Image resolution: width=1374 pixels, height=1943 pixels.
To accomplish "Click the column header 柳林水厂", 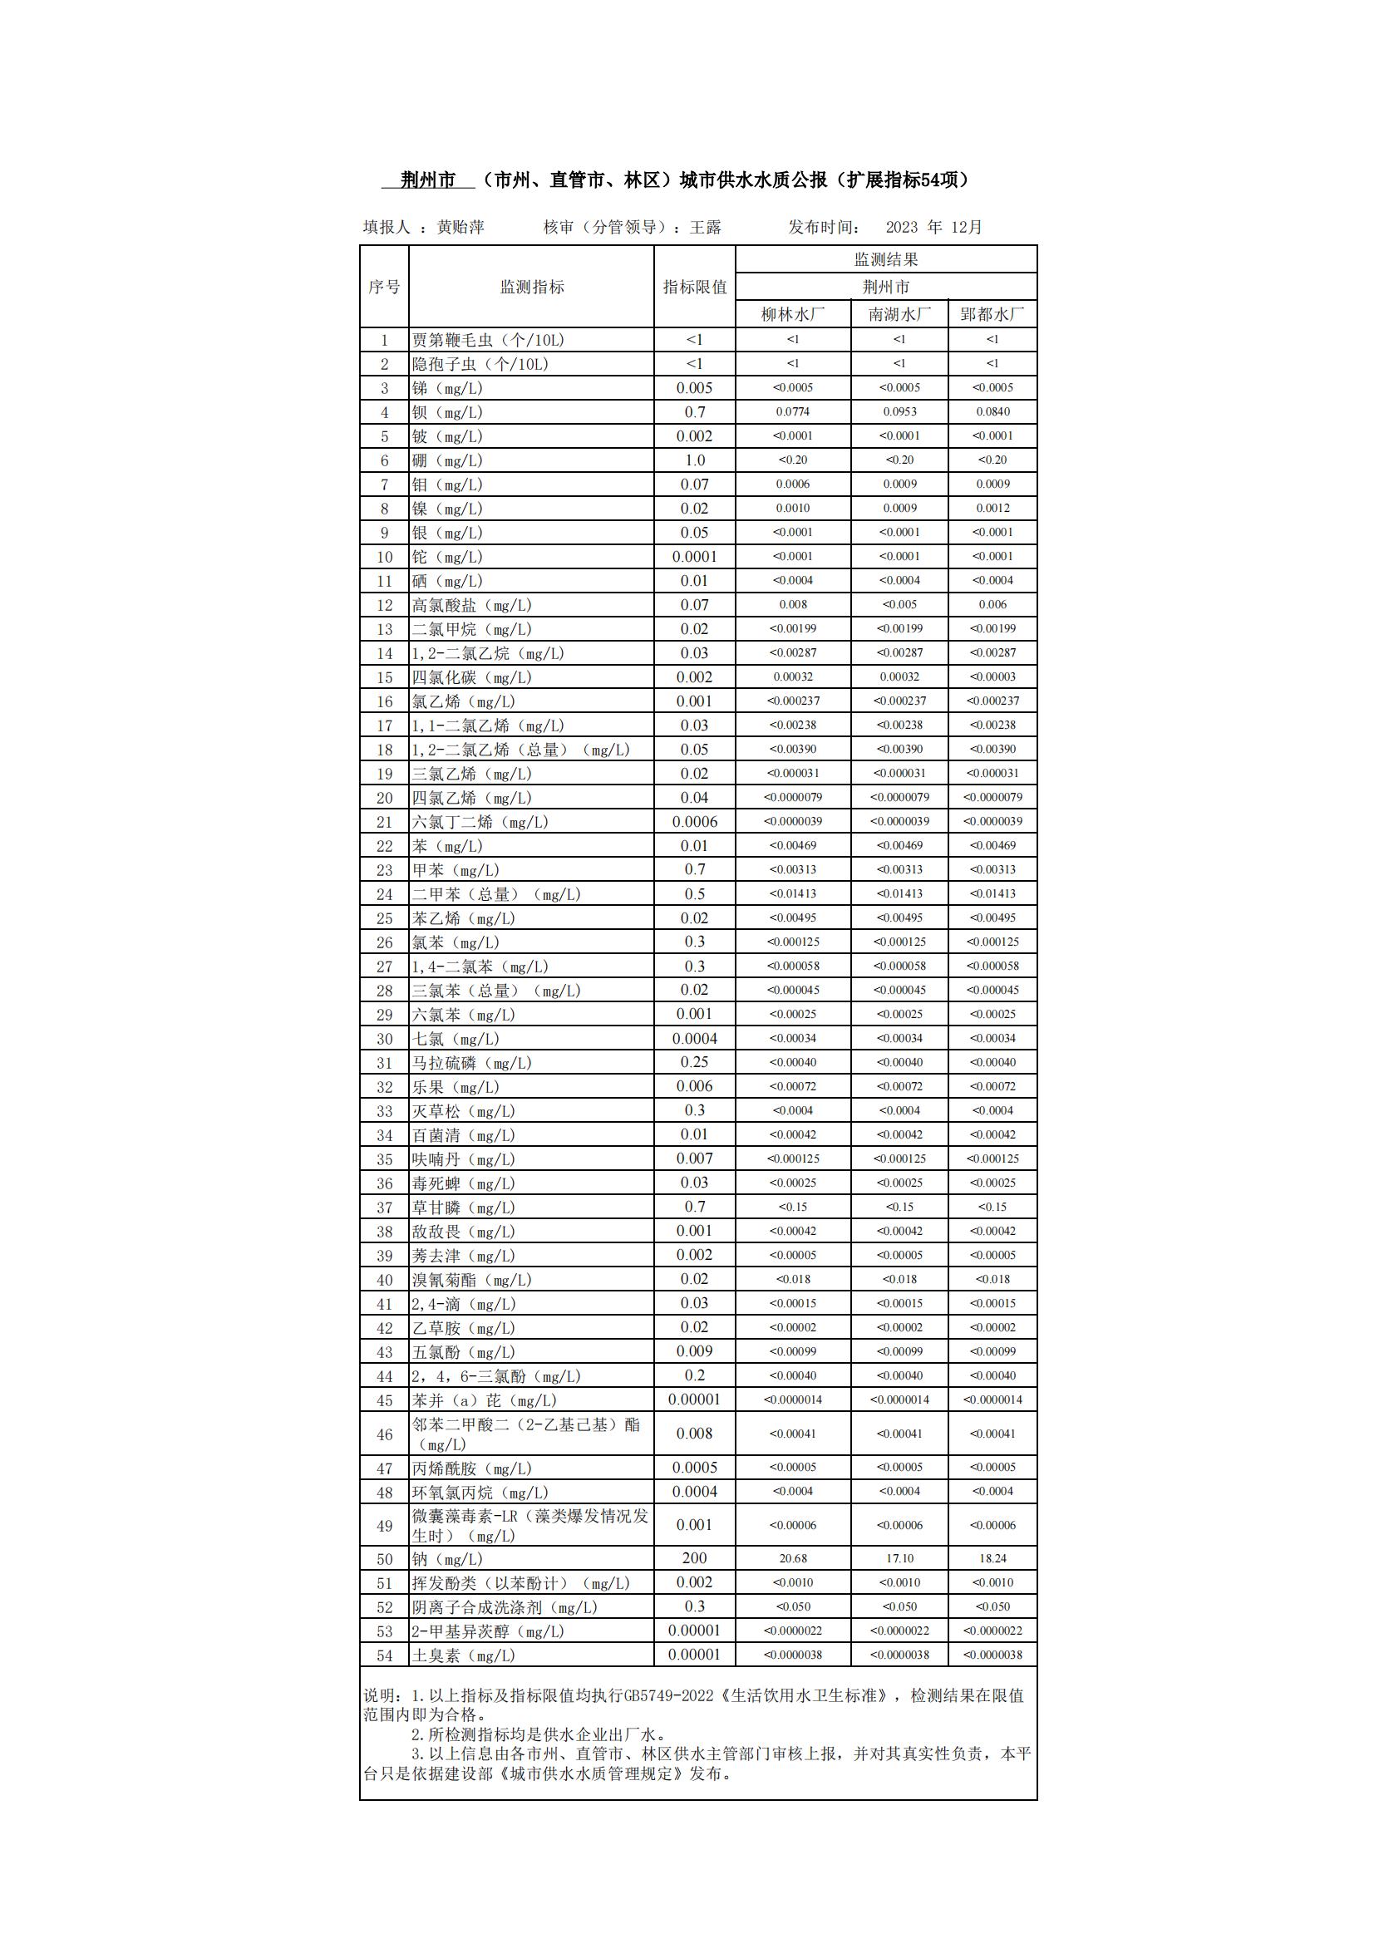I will pos(792,314).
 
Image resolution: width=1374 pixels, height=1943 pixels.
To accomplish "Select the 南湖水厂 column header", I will pos(899,314).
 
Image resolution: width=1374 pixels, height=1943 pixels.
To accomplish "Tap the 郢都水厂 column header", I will pos(992,314).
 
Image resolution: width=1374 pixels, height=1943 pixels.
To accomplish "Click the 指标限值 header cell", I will pos(694,287).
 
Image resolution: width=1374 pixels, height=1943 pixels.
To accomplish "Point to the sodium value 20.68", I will pos(792,1558).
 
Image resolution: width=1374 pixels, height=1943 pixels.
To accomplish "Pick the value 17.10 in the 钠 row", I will pos(899,1558).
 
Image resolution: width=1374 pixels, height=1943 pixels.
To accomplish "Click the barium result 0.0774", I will pos(792,412).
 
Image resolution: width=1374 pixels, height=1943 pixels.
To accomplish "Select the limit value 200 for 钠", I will pos(694,1558).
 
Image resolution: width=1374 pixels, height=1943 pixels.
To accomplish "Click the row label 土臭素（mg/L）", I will pos(463,1655).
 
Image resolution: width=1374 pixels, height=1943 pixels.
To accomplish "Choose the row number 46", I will pos(384,1434).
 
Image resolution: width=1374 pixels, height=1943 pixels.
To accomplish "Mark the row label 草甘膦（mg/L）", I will pos(463,1208).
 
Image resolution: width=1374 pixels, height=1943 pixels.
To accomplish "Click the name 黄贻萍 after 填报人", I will pos(460,227).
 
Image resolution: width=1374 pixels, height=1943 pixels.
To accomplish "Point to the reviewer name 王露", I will pos(705,227).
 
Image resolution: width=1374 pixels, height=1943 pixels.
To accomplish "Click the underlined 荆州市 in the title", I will pos(427,180).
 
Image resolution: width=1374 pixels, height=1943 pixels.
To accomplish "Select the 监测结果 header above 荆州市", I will pos(885,259).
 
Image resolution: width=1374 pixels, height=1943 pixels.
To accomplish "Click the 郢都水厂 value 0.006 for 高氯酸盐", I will pos(992,605).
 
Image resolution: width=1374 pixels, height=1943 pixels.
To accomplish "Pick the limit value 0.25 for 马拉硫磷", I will pos(694,1062).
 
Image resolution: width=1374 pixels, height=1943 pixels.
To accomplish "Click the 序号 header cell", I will pos(384,287).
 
